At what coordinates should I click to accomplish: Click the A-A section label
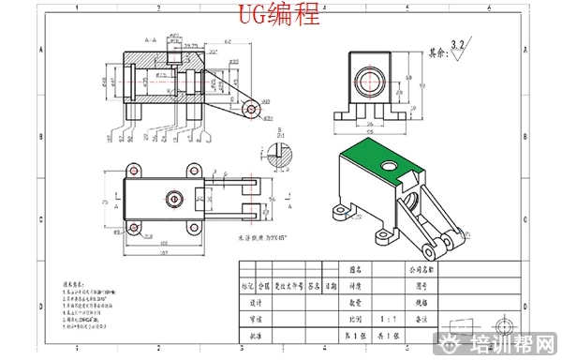[150, 40]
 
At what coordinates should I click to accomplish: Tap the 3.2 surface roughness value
[457, 44]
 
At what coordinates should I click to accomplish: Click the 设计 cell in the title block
[256, 303]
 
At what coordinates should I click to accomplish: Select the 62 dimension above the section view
[228, 41]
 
